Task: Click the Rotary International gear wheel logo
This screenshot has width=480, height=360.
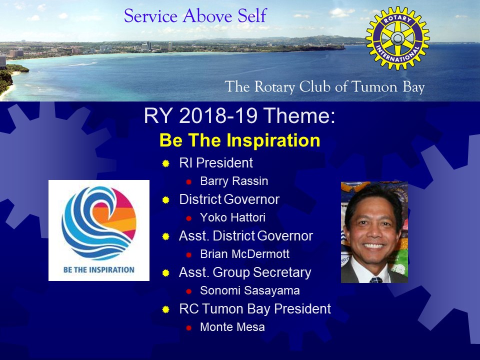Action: click(397, 38)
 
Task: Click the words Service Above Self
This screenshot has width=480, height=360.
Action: click(195, 16)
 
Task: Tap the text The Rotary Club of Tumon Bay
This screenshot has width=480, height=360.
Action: click(324, 86)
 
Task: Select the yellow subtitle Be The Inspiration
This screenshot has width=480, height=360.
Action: click(239, 140)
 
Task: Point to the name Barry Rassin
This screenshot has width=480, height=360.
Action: click(234, 181)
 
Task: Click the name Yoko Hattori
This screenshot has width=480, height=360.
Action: click(232, 217)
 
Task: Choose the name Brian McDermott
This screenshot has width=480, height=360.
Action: click(244, 254)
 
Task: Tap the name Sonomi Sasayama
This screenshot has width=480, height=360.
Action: click(250, 290)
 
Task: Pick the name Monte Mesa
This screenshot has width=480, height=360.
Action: click(232, 327)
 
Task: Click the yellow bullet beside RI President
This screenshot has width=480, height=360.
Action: click(165, 163)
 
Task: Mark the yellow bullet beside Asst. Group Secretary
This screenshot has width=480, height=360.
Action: click(165, 273)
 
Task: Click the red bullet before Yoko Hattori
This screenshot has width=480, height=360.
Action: click(188, 218)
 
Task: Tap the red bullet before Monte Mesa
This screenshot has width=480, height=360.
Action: click(188, 328)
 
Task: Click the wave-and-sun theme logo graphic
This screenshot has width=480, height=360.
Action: click(99, 223)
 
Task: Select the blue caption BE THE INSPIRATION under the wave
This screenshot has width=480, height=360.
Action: click(99, 269)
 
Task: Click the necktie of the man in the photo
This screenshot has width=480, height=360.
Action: click(376, 280)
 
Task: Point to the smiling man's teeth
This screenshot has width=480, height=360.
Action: click(374, 245)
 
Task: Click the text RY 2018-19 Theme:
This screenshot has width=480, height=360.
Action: click(239, 115)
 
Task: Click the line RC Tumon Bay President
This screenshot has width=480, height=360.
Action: click(255, 309)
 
